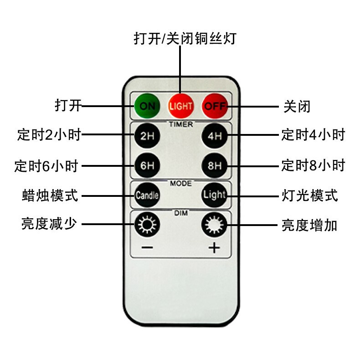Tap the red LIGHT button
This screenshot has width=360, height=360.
tap(181, 106)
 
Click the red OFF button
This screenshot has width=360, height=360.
tap(215, 106)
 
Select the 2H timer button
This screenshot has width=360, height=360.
tap(147, 135)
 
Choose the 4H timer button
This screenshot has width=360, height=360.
tap(215, 135)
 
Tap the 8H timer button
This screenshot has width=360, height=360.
tap(215, 165)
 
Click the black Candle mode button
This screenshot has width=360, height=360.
tap(147, 195)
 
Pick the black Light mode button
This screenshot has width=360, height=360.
tap(215, 195)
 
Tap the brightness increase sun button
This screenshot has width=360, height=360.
tap(214, 225)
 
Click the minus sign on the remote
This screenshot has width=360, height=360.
tap(147, 248)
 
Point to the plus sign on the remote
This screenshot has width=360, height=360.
tap(214, 248)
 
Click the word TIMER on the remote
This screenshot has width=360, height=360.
tap(181, 124)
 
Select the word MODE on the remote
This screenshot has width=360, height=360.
tap(181, 184)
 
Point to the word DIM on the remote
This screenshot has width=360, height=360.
tap(181, 213)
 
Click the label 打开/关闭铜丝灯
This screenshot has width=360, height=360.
tap(185, 37)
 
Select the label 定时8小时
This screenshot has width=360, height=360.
tap(313, 165)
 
